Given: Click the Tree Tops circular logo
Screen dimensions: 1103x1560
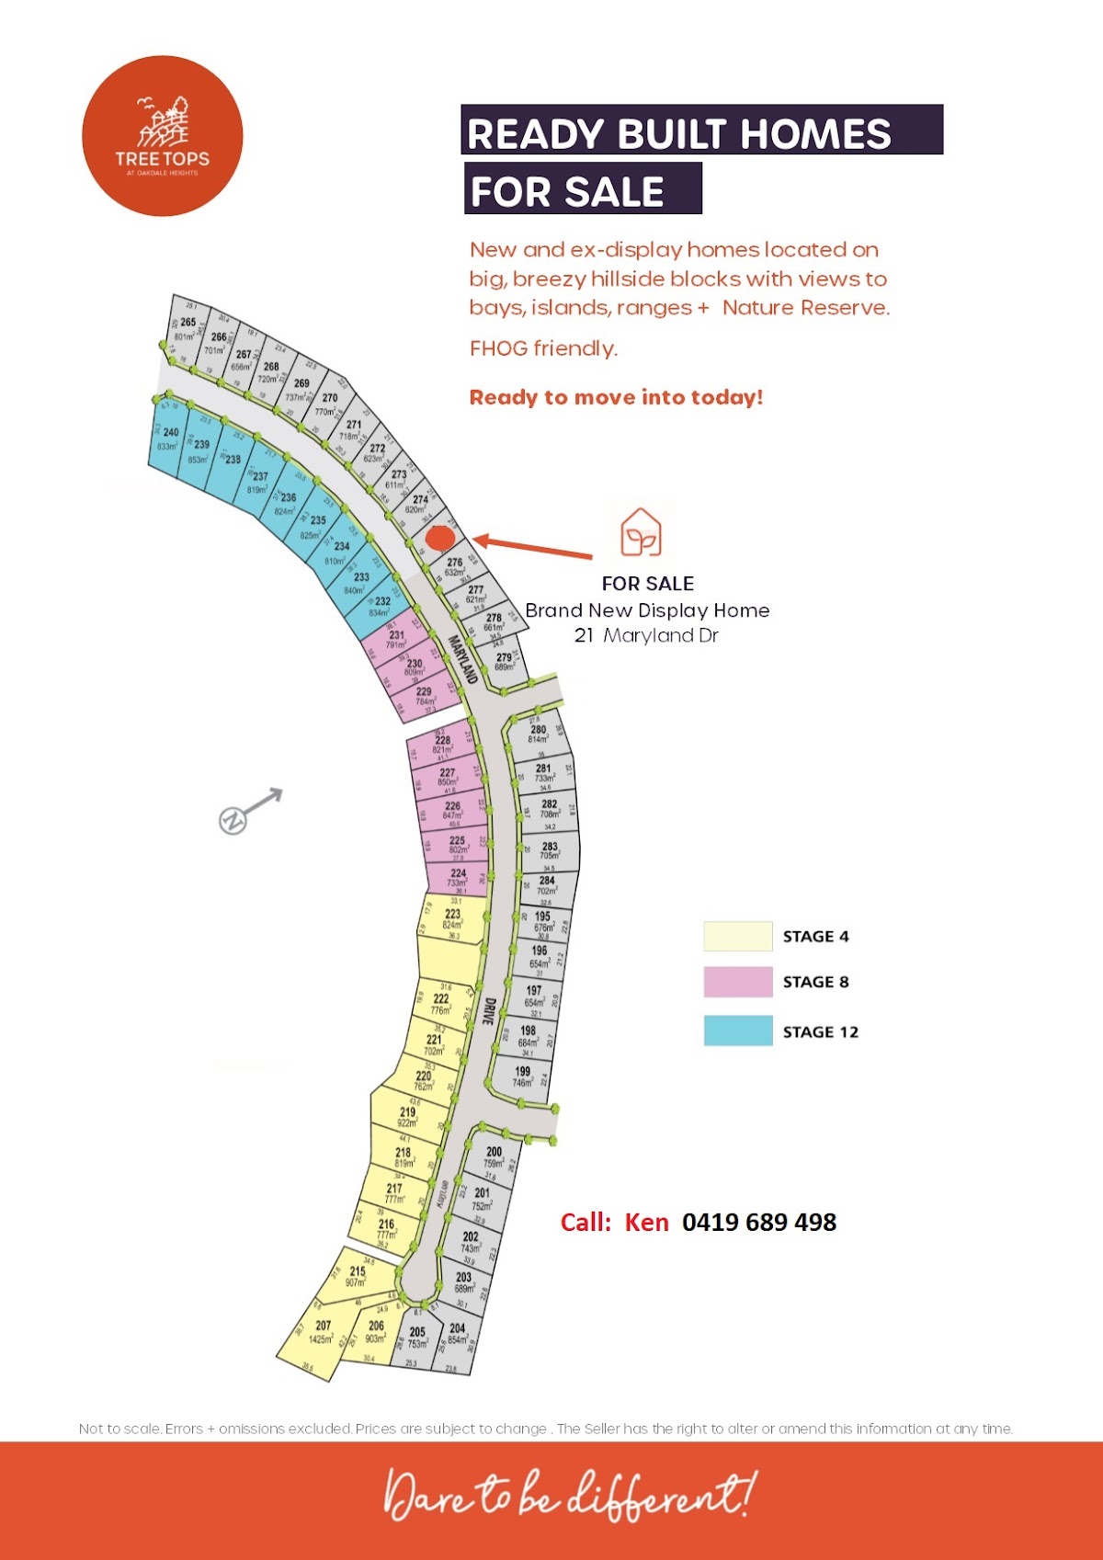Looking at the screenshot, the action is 163,136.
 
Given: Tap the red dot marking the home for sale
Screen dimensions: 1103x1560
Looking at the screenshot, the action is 441,535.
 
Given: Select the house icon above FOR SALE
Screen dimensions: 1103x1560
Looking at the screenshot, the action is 641,533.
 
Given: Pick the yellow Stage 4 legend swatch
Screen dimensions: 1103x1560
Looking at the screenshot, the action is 737,936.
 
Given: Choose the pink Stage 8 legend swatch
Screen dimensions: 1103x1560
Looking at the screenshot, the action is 737,982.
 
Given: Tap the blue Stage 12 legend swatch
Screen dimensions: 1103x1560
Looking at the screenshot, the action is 737,1031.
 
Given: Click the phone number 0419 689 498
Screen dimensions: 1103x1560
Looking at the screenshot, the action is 759,1222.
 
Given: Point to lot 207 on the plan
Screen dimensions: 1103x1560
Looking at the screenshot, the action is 322,1331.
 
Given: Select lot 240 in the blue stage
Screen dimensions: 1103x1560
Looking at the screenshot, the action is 169,439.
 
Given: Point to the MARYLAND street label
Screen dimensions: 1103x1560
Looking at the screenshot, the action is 462,659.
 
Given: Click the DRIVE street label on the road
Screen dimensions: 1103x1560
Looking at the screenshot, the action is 490,1012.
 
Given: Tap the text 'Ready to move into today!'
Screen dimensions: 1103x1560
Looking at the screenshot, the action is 616,397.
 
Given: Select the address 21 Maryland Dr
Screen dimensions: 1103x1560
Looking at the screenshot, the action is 646,635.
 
